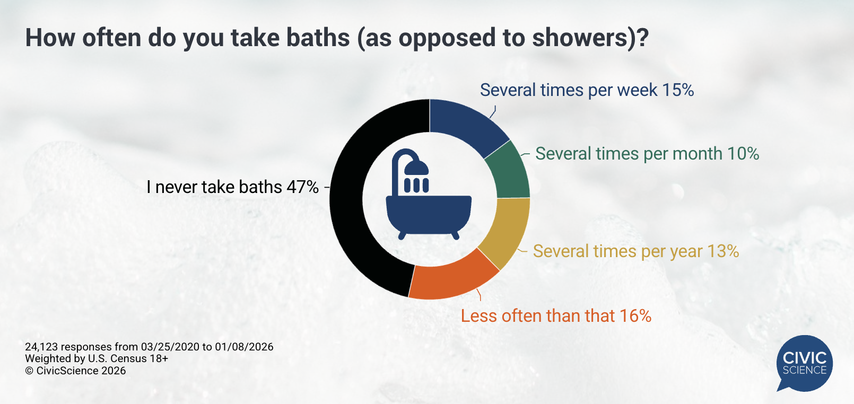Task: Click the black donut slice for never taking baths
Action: tap(346, 198)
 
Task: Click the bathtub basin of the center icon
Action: tap(429, 214)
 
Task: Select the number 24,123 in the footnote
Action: tap(41, 347)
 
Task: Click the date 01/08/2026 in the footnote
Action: tap(244, 347)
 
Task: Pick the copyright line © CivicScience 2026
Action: tap(75, 371)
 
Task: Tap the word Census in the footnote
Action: tap(129, 358)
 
